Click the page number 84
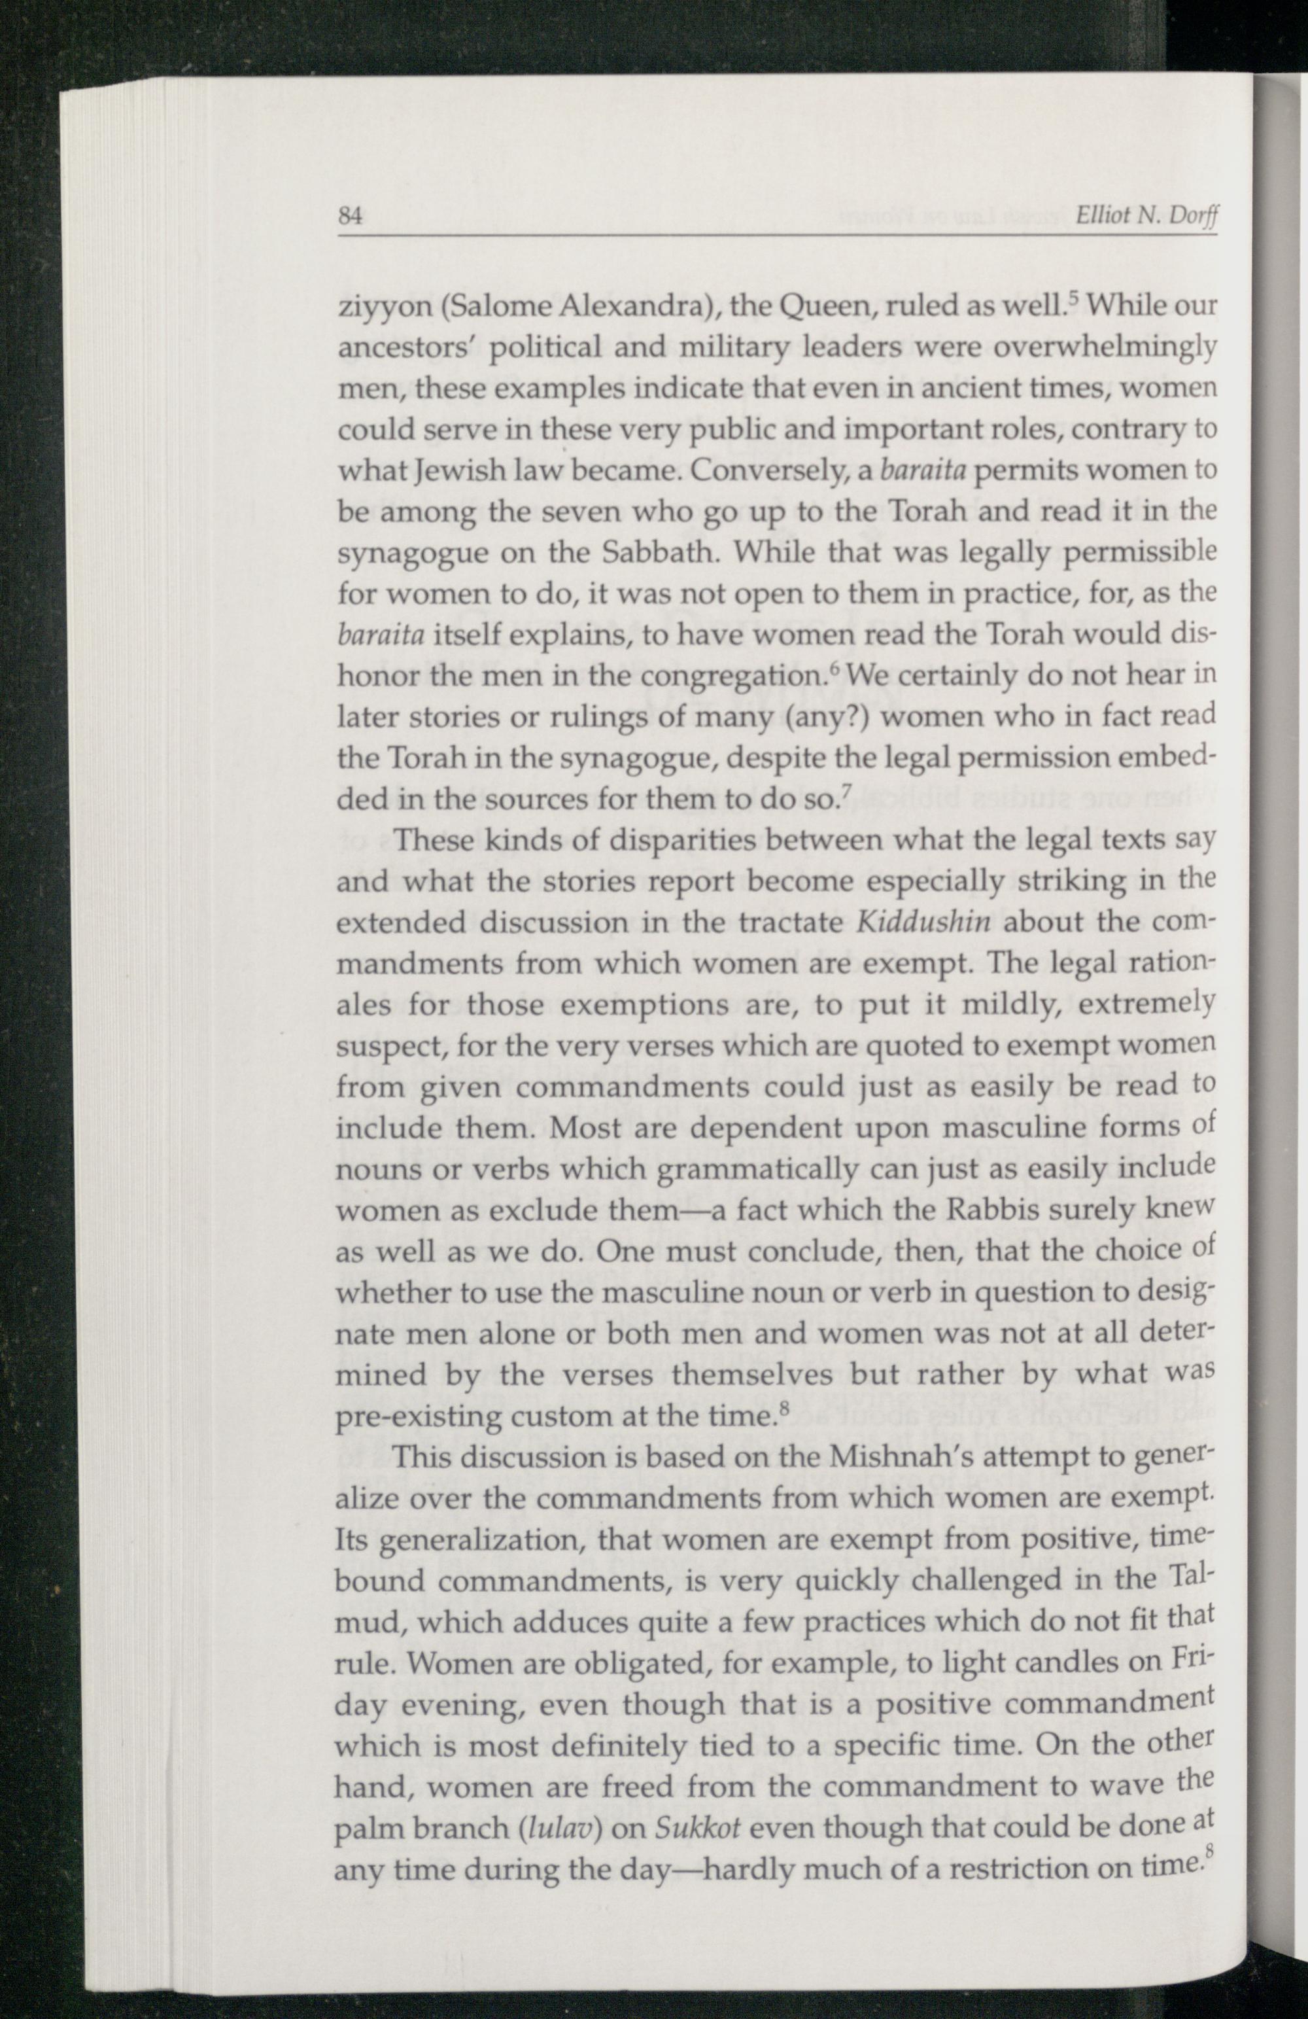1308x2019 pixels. tap(351, 215)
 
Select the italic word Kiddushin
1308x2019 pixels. tap(923, 922)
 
